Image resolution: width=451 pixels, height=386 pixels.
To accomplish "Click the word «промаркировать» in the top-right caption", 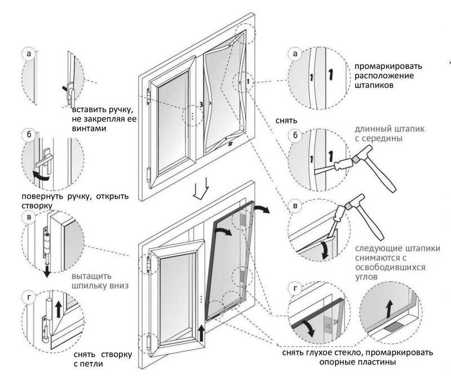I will point(390,66).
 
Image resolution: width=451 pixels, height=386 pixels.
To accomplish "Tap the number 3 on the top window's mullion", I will point(201,104).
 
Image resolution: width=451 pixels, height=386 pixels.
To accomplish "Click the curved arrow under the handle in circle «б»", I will point(42,177).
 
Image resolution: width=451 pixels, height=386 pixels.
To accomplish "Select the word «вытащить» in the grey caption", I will point(92,277).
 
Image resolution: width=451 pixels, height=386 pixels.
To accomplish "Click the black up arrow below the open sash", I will point(201,333).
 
